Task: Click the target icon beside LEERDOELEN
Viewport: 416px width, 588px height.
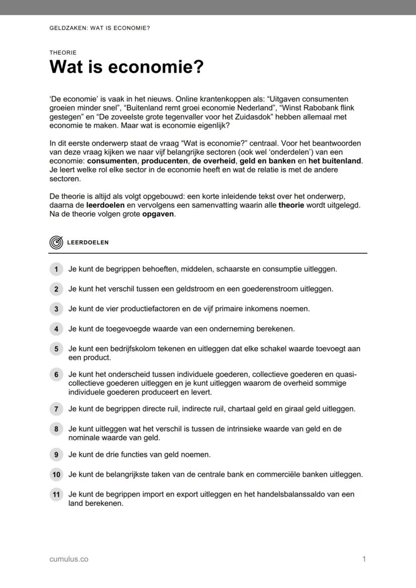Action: tap(56, 242)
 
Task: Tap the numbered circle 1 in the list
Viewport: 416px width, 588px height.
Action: tap(56, 269)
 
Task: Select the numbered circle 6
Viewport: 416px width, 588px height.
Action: tap(56, 375)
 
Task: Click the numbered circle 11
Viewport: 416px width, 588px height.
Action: tap(56, 495)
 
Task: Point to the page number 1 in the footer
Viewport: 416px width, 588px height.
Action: tap(364, 559)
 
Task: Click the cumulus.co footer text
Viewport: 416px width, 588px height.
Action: tap(69, 559)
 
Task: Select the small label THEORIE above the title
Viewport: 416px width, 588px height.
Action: tap(63, 52)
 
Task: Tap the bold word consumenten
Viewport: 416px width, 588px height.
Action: tap(112, 161)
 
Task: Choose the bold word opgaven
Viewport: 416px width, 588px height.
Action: tap(158, 214)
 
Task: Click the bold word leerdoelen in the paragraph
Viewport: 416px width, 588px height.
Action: tap(105, 205)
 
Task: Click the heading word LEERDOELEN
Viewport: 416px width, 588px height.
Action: tap(88, 242)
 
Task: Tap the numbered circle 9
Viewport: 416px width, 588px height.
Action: tap(56, 455)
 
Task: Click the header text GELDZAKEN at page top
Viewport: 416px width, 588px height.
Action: tap(67, 28)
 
